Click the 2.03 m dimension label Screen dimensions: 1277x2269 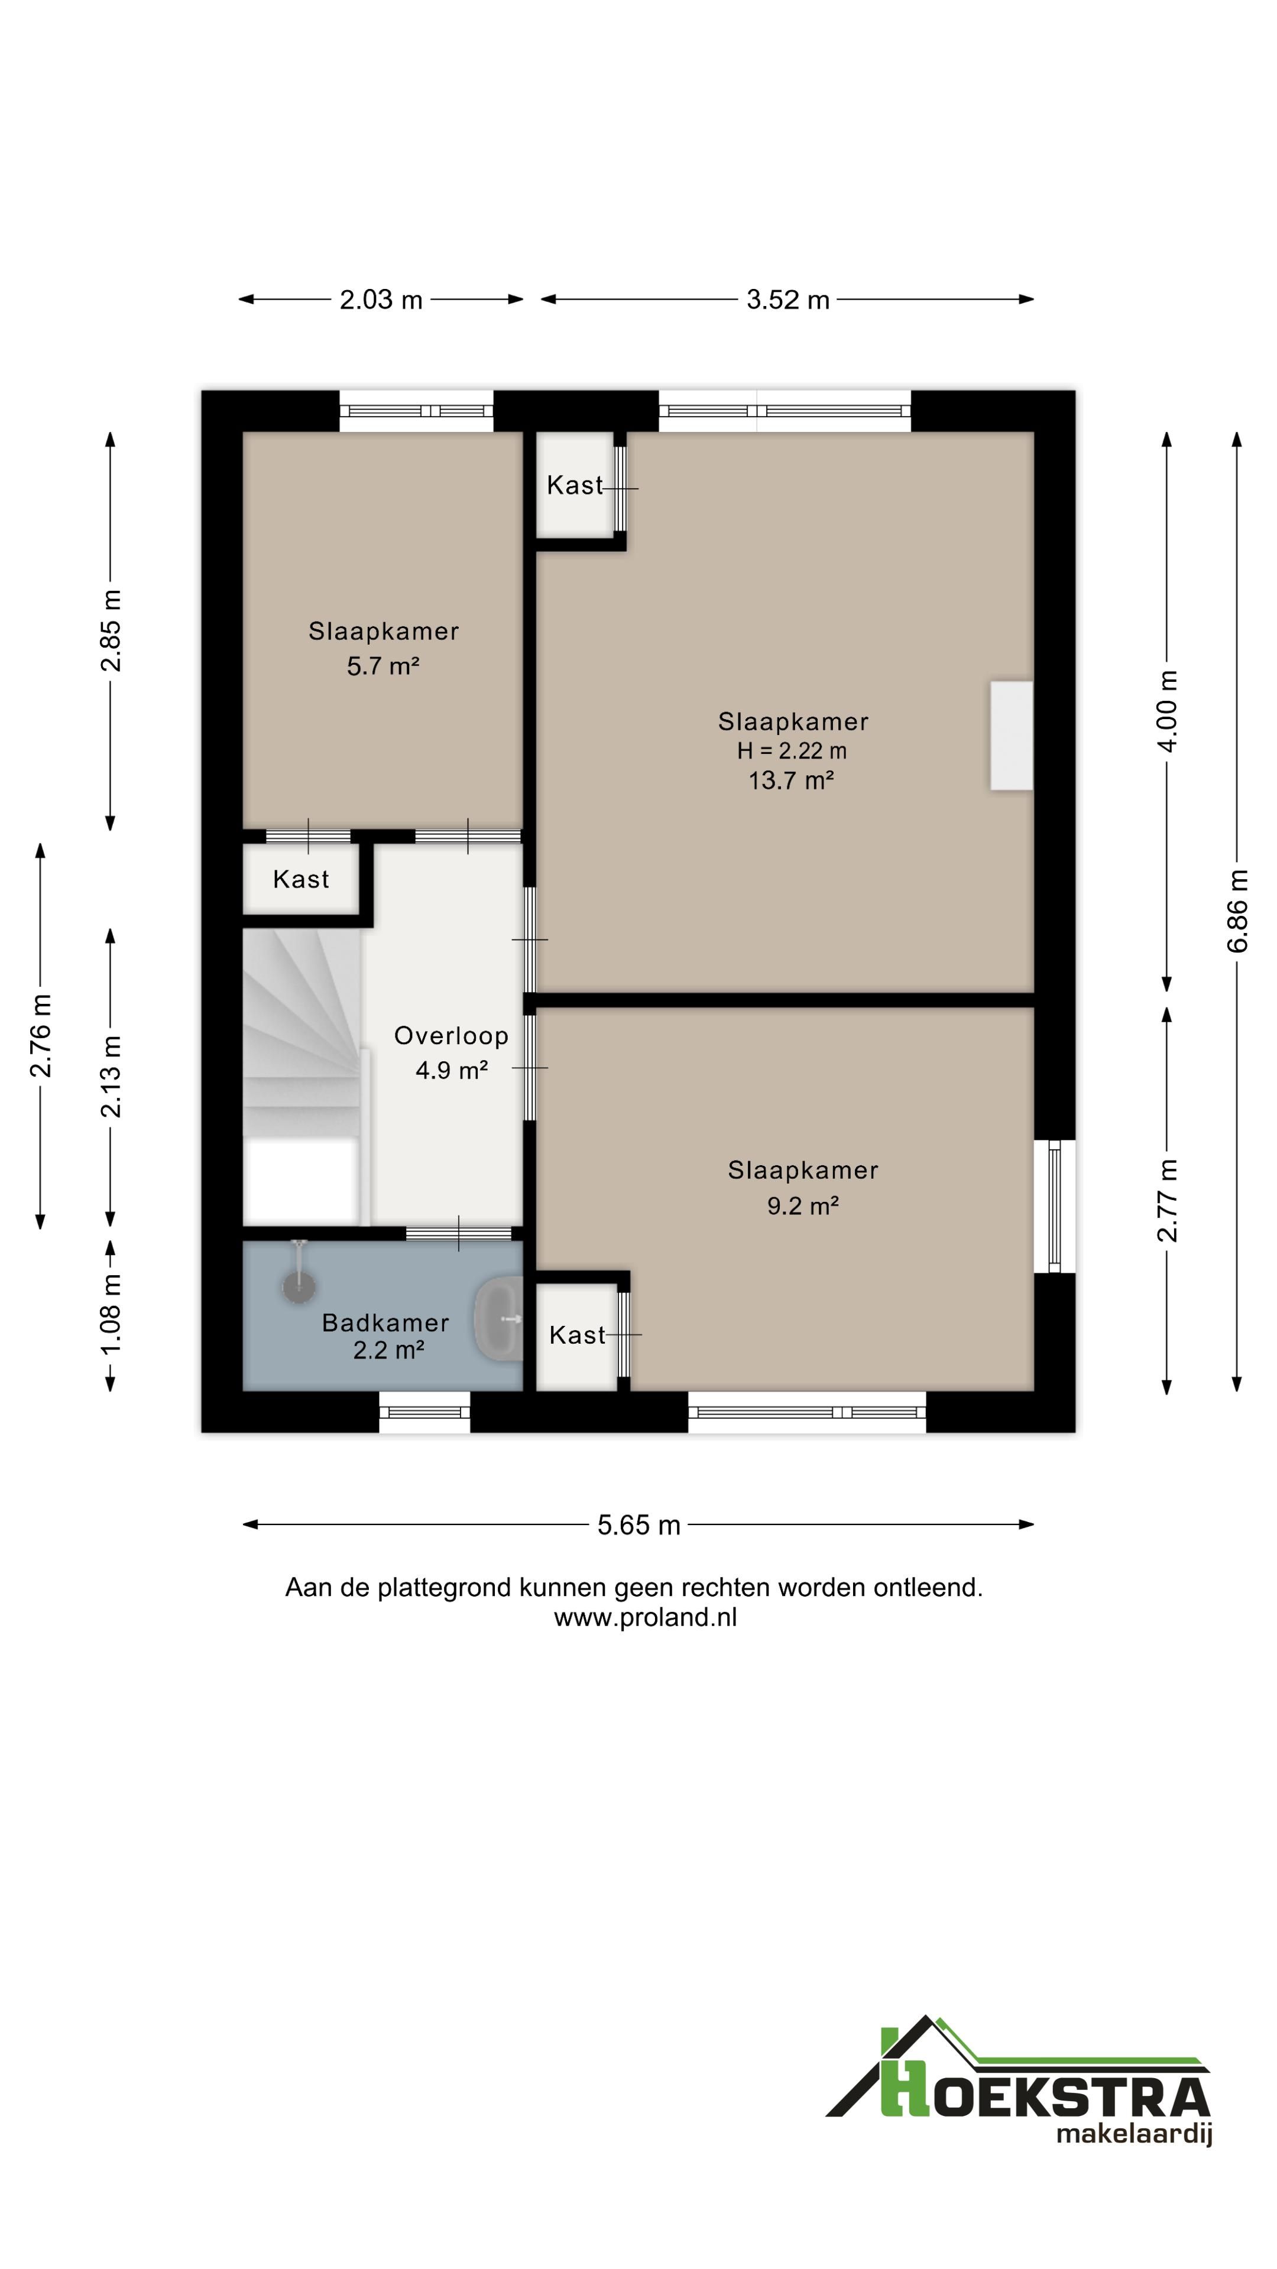pyautogui.click(x=381, y=300)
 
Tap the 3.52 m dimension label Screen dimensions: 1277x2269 pyautogui.click(x=788, y=300)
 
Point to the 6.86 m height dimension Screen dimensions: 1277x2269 pyautogui.click(x=1237, y=911)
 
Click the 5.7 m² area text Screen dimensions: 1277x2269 pyautogui.click(x=383, y=666)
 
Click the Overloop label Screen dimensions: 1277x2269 pyautogui.click(x=451, y=1036)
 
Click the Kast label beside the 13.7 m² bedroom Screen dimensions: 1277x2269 pyautogui.click(x=575, y=485)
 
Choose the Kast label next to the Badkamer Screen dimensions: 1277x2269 pyautogui.click(x=577, y=1335)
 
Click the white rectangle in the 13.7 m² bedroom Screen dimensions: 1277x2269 pyautogui.click(x=1011, y=736)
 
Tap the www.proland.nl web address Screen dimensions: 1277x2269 pyautogui.click(x=645, y=1617)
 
